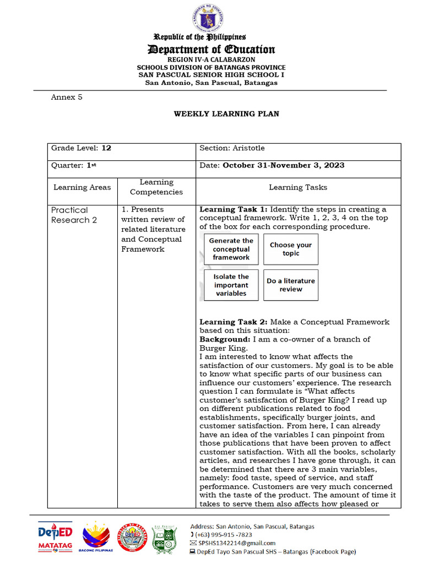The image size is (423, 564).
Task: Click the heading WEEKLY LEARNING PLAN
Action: (226, 114)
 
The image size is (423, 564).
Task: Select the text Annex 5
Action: (67, 97)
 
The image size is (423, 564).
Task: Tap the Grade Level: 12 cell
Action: (82, 148)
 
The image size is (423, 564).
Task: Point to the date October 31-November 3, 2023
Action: (284, 165)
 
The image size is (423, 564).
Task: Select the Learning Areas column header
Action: (82, 187)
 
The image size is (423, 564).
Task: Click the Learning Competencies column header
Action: (156, 187)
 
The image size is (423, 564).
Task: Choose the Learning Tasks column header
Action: (298, 187)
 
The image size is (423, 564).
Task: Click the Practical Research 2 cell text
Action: (70, 215)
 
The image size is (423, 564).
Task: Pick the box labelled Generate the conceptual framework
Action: (231, 249)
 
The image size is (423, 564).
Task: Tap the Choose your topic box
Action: (290, 249)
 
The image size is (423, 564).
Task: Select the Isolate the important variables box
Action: (231, 285)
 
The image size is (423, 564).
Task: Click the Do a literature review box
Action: (290, 285)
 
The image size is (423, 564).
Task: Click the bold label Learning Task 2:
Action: (234, 322)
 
